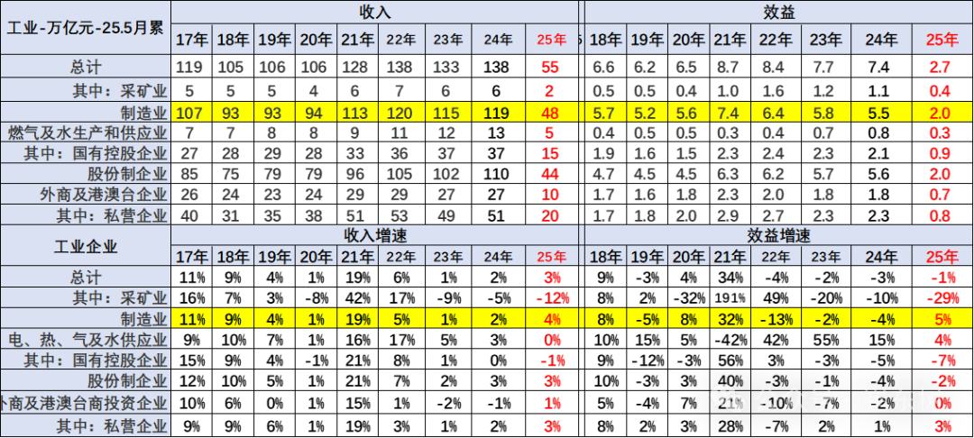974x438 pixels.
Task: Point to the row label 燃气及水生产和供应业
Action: pyautogui.click(x=86, y=133)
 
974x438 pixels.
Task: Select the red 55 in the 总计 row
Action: pyautogui.click(x=550, y=68)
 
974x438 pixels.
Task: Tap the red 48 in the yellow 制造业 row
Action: pyautogui.click(x=550, y=112)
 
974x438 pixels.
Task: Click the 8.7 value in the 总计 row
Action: pyautogui.click(x=723, y=68)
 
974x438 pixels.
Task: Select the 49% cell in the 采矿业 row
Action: pyautogui.click(x=777, y=297)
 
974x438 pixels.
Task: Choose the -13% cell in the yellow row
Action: pyautogui.click(x=777, y=318)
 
